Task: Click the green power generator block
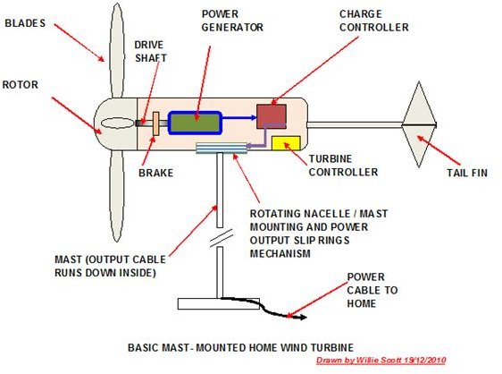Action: (195, 123)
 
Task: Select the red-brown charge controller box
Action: (272, 116)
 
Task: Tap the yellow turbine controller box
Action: (286, 143)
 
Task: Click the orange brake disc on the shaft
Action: (156, 123)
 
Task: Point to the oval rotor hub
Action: (117, 123)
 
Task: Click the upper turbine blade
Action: (116, 51)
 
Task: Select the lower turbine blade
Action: (116, 196)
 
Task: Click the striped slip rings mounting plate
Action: (222, 148)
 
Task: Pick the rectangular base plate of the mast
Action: (218, 303)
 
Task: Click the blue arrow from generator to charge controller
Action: (239, 117)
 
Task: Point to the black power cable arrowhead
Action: (302, 318)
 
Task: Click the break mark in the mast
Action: (221, 238)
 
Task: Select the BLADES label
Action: (25, 23)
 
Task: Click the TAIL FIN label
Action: (467, 173)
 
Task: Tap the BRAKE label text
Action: (156, 173)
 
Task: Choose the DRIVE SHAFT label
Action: (150, 51)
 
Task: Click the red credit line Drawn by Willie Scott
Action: (381, 360)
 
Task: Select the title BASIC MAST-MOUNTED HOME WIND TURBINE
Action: (241, 348)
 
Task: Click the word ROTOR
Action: (21, 85)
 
